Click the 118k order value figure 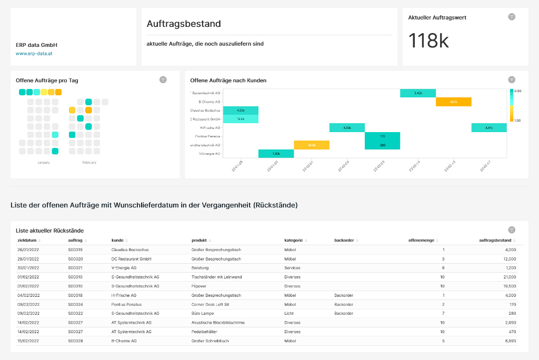coord(429,41)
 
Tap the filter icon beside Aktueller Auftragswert coord(512,17)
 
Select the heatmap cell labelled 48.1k coord(453,102)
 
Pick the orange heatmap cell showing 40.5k coord(312,145)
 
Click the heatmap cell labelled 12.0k coord(241,119)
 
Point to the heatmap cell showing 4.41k coord(489,127)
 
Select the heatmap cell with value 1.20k coord(276,154)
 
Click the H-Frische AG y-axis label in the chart coord(210,127)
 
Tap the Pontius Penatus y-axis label coord(208,136)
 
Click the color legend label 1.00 coord(518,121)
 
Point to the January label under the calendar coord(44,163)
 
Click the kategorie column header coord(293,240)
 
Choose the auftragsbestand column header coord(495,240)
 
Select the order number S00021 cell coord(75,268)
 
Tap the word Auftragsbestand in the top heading coord(184,24)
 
